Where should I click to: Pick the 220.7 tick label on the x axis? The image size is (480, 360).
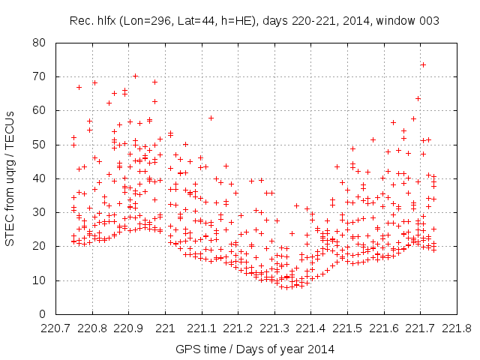(x=56, y=328)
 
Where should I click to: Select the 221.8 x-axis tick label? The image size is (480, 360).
(x=456, y=328)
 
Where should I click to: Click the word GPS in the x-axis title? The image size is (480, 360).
(x=187, y=349)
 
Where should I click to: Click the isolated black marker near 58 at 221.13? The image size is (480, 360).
(x=211, y=118)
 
